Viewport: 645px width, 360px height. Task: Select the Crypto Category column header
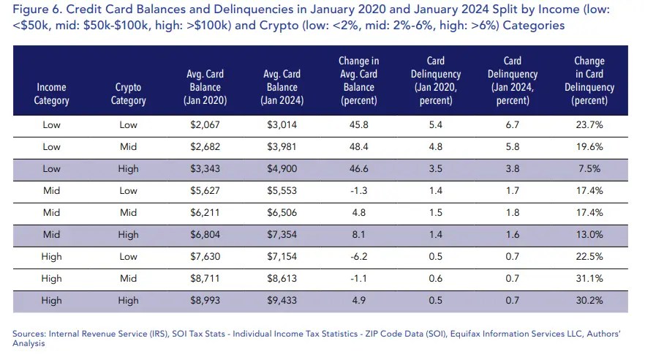pos(128,94)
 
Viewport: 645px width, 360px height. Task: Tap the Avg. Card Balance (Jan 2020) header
pos(205,87)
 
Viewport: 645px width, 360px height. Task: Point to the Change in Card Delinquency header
pos(589,80)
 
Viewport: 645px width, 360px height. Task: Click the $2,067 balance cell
pos(205,125)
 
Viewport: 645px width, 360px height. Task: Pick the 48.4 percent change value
pos(358,146)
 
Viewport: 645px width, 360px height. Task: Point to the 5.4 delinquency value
pos(435,125)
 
